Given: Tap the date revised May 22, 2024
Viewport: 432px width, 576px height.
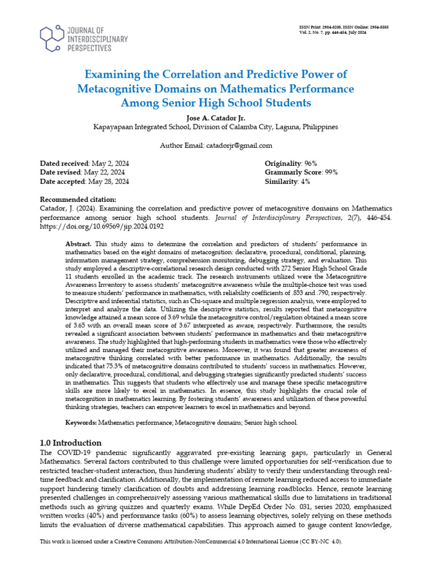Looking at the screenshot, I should pos(104,172).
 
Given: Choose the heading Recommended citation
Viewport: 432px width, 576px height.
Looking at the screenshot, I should pos(78,200).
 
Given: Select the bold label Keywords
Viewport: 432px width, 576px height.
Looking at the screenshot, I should pos(82,422).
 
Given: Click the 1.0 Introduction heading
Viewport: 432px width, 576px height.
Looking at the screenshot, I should pos(70,442).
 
